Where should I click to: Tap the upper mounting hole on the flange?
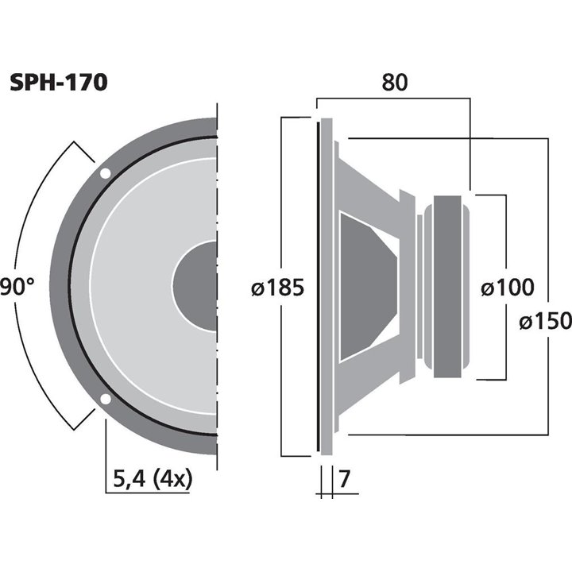pyautogui.click(x=106, y=173)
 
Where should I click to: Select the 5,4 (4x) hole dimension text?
pyautogui.click(x=149, y=479)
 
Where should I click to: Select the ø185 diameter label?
pyautogui.click(x=277, y=288)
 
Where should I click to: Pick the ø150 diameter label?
pyautogui.click(x=545, y=321)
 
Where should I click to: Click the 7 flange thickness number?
pyautogui.click(x=344, y=480)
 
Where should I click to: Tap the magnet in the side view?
pyautogui.click(x=446, y=286)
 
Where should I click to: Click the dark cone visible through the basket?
pyautogui.click(x=365, y=286)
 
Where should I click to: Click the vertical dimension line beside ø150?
pyautogui.click(x=549, y=238)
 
